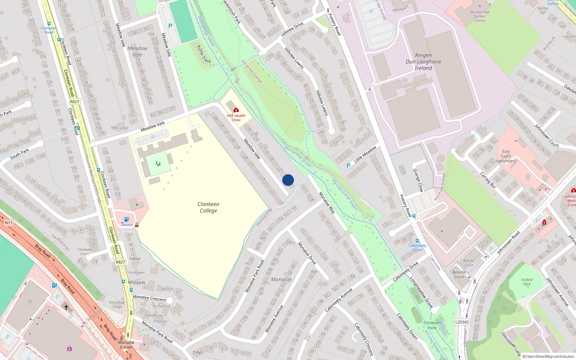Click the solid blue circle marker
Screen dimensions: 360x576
pyautogui.click(x=288, y=180)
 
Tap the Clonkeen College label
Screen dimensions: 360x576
pyautogui.click(x=208, y=207)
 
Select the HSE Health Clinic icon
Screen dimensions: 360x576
pyautogui.click(x=236, y=110)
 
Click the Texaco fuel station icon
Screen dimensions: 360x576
pyautogui.click(x=126, y=219)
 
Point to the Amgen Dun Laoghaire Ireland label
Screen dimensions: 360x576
pyautogui.click(x=423, y=62)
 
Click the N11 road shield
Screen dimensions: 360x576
pyautogui.click(x=8, y=223)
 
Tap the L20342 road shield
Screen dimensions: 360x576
pyautogui.click(x=462, y=322)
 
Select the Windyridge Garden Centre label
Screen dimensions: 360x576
pyautogui.click(x=480, y=16)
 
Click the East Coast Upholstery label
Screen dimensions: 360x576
pyautogui.click(x=506, y=156)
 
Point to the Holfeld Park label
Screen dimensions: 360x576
pyautogui.click(x=527, y=282)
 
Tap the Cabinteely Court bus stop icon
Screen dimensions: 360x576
pyautogui.click(x=417, y=241)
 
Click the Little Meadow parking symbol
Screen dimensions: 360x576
pyautogui.click(x=348, y=166)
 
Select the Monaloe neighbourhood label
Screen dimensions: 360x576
pyautogui.click(x=281, y=279)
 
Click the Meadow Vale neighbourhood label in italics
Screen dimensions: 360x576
pyautogui.click(x=137, y=51)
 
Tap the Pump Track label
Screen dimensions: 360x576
pyautogui.click(x=204, y=54)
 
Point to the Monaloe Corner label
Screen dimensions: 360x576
pyautogui.click(x=126, y=345)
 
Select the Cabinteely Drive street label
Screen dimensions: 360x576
pyautogui.click(x=405, y=271)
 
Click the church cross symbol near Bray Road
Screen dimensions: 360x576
pyautogui.click(x=66, y=307)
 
